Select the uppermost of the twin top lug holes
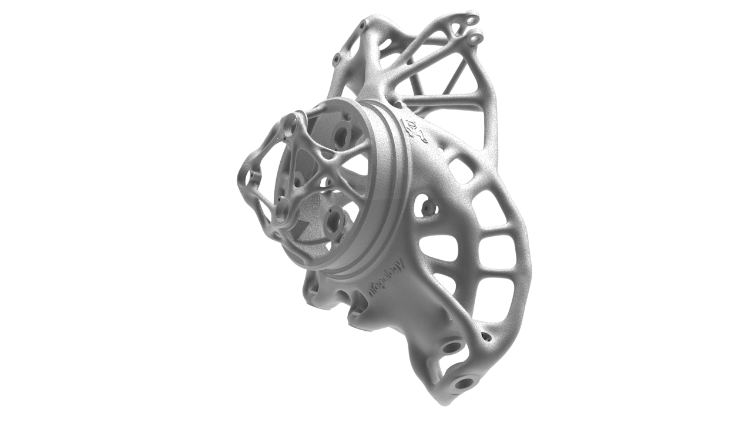[x=472, y=20]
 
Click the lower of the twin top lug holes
[x=475, y=39]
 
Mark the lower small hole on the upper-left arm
[x=336, y=59]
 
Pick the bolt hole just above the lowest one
[x=451, y=347]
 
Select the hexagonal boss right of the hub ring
[x=425, y=206]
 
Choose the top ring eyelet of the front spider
[x=289, y=125]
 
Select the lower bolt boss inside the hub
[x=334, y=221]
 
